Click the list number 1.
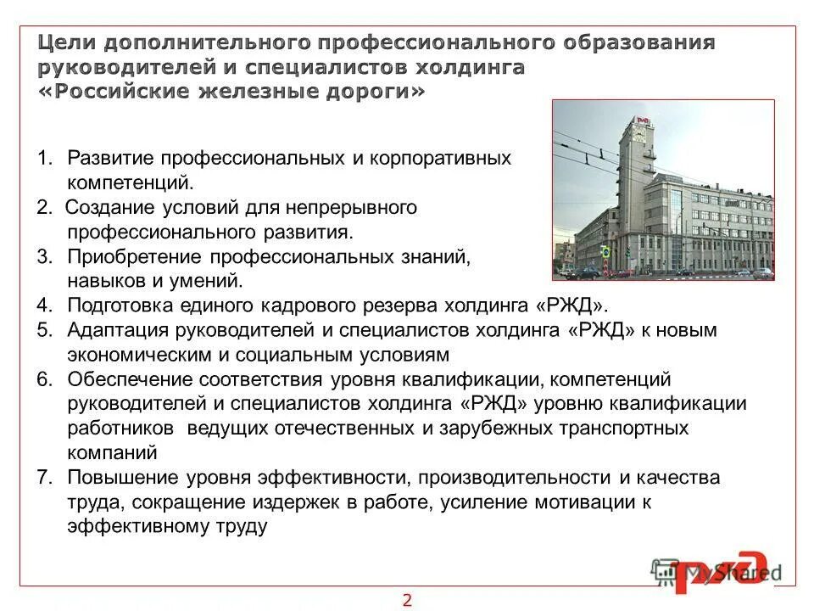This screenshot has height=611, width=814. (44, 159)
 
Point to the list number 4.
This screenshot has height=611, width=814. (44, 305)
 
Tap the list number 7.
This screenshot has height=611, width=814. (44, 478)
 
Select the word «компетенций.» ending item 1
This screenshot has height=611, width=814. (131, 182)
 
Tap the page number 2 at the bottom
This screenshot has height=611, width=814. (407, 600)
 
